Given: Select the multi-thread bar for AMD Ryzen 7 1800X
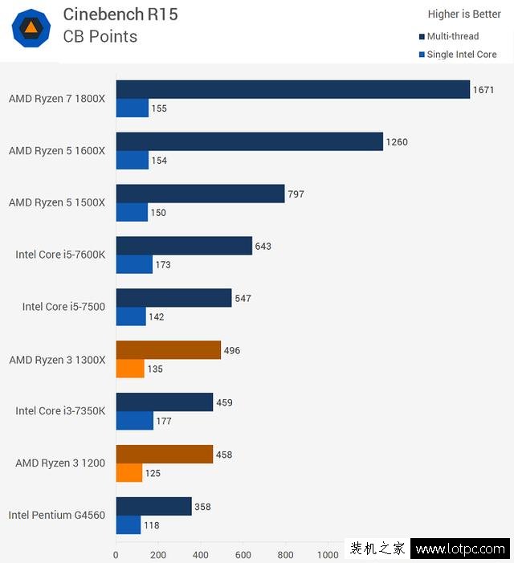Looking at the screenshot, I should tap(292, 89).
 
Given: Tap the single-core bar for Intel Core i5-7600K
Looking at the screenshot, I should tap(134, 264).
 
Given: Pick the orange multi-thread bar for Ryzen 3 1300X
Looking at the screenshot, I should tap(168, 350).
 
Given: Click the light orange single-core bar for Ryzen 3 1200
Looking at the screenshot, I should tap(129, 473).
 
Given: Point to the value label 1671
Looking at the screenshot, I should tap(483, 90).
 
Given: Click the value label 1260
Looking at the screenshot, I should tap(397, 142).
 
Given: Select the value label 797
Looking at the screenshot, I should tap(297, 194).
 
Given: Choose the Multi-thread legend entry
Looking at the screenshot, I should tap(452, 36).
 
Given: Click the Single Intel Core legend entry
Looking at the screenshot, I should tap(461, 55).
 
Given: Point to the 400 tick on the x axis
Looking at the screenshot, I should tap(201, 554).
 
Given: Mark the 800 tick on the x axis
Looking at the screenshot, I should tap(285, 554).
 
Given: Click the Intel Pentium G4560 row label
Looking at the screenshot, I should tap(56, 515).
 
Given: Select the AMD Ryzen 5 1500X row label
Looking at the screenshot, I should tap(56, 202).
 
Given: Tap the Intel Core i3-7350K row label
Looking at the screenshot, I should tap(60, 410).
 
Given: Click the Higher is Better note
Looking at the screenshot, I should tap(464, 14).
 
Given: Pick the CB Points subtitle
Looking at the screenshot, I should tap(100, 36).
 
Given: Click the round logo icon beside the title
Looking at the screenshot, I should tap(31, 28).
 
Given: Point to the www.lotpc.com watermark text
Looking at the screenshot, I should tap(460, 549).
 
